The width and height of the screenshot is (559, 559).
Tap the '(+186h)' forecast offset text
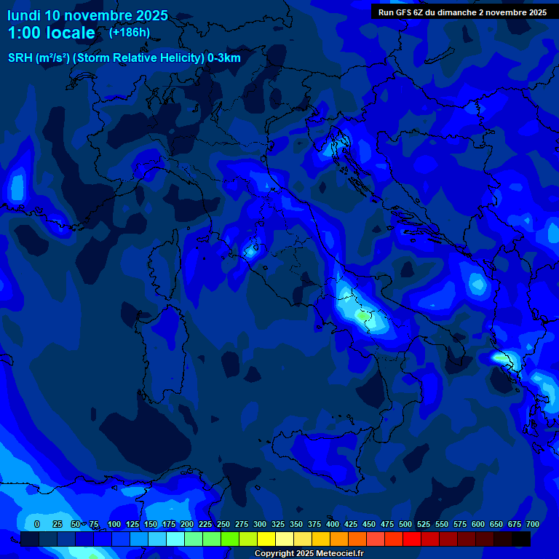click(x=129, y=33)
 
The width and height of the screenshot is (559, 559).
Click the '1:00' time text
click(x=23, y=33)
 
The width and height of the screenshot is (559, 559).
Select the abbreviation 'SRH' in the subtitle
click(x=20, y=58)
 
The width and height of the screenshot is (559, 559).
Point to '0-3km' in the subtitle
click(x=223, y=58)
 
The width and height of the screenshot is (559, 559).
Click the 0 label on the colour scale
click(x=37, y=524)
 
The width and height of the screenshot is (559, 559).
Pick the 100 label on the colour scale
click(x=114, y=524)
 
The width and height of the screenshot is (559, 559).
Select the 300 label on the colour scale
click(x=260, y=524)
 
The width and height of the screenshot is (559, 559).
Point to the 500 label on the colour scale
click(x=405, y=524)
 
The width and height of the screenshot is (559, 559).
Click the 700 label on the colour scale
click(x=533, y=524)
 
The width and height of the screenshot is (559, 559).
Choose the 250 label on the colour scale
click(x=223, y=524)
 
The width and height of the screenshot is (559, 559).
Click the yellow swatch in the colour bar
click(x=266, y=539)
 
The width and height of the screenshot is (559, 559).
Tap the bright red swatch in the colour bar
click(x=412, y=539)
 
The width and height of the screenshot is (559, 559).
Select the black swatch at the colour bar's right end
click(x=521, y=539)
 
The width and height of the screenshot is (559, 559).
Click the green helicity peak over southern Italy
click(x=362, y=315)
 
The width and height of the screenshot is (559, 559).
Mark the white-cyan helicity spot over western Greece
click(x=501, y=357)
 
